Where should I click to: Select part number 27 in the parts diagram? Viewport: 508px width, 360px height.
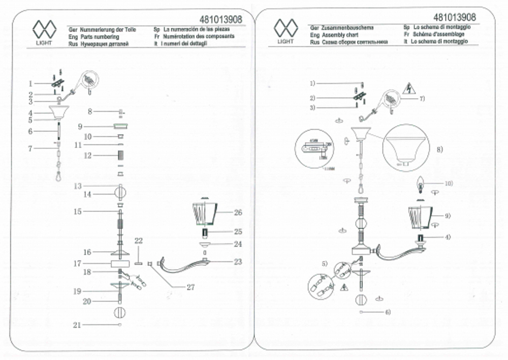click(x=190, y=287)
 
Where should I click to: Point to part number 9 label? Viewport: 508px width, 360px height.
click(x=80, y=126)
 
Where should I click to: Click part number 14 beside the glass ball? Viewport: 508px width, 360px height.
click(x=87, y=194)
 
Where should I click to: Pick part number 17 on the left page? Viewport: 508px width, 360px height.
click(x=77, y=264)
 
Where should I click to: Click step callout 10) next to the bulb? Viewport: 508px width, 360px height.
click(x=449, y=183)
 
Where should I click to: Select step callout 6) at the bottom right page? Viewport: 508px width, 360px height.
click(x=388, y=311)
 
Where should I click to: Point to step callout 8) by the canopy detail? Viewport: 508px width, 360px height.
click(x=440, y=149)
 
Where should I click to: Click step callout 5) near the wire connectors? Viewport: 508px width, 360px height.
click(x=324, y=263)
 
